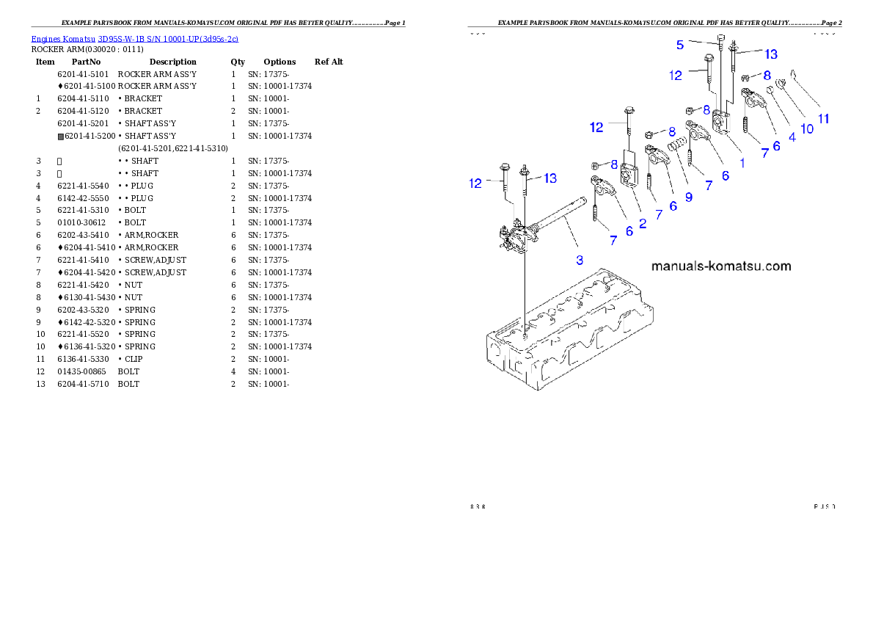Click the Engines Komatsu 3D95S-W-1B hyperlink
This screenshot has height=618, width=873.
pos(134,38)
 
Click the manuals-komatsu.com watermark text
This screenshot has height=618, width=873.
pos(721,266)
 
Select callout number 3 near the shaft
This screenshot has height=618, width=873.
pos(580,259)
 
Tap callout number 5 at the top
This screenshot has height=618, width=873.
pos(680,45)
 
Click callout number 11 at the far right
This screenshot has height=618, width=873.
pos(824,117)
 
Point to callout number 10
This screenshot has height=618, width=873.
pos(806,128)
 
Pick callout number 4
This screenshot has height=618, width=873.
pos(792,137)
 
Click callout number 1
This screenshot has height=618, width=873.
pos(742,163)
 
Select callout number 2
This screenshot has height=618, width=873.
pos(643,223)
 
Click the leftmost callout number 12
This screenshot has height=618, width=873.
pos(476,183)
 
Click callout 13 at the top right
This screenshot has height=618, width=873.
pos(771,54)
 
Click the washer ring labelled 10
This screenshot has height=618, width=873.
pos(782,86)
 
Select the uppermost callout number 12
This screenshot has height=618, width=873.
pos(676,74)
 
